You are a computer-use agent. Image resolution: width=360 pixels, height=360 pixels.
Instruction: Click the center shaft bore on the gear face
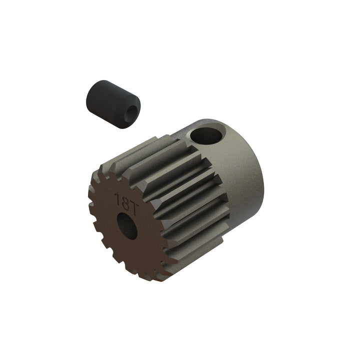[x=128, y=225]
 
